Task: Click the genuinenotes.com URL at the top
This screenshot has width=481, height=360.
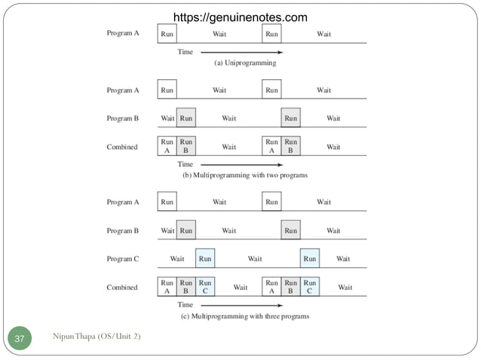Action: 240,17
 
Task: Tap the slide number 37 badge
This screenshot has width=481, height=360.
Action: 20,339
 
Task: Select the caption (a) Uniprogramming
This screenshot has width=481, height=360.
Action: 245,63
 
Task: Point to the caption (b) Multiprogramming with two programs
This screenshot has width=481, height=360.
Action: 245,175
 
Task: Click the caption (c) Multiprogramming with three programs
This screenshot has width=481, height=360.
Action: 245,316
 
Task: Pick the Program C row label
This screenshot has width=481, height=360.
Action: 123,258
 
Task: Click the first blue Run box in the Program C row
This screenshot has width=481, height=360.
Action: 205,258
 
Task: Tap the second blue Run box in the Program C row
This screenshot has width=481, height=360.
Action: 310,258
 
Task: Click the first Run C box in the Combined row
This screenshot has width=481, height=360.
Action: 205,287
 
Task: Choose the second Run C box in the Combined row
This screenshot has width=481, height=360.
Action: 310,287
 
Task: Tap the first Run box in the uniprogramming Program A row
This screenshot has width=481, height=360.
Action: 167,34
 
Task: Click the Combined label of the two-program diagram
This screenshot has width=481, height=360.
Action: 122,147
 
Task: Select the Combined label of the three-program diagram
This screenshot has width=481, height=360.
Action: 122,287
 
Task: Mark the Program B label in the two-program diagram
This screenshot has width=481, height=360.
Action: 123,118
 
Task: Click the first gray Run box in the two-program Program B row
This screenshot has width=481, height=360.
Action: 186,118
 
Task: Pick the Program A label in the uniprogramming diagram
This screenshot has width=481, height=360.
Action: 123,34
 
